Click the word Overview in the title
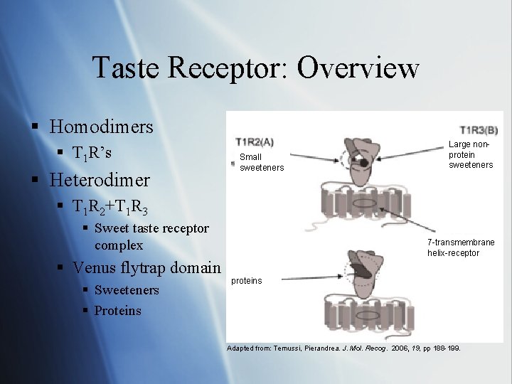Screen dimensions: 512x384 click(x=358, y=68)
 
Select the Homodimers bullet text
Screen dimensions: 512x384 click(x=102, y=127)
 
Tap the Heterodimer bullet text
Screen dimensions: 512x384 click(x=100, y=179)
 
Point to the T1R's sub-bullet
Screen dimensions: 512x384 click(x=92, y=154)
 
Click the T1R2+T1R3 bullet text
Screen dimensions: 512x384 click(x=110, y=207)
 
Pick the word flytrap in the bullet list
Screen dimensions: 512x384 click(x=161, y=268)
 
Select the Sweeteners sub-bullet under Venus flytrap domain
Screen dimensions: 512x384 click(x=127, y=290)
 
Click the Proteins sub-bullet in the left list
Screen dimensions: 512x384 click(x=117, y=311)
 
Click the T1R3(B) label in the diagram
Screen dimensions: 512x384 click(x=479, y=130)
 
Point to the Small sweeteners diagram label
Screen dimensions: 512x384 click(x=261, y=162)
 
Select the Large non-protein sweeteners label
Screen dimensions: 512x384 click(x=470, y=155)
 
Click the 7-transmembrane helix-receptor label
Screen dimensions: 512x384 click(x=460, y=247)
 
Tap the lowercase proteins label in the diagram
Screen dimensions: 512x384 click(x=247, y=281)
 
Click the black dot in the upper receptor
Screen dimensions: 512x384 click(x=364, y=163)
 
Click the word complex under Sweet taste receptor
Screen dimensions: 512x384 click(x=119, y=245)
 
